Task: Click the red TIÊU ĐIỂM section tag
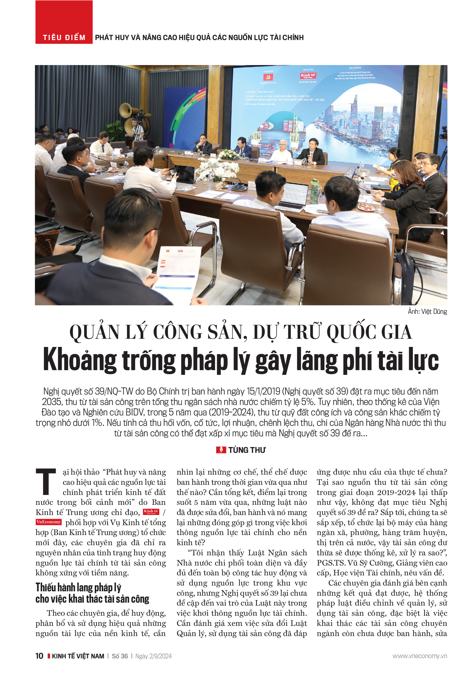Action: click(x=64, y=37)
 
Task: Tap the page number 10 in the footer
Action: click(x=39, y=656)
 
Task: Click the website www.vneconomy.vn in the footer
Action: click(x=419, y=656)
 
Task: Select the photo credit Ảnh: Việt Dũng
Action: click(x=427, y=311)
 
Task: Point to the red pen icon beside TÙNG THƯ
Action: click(x=221, y=450)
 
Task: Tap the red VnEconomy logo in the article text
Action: click(x=49, y=522)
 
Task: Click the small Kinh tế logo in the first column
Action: click(x=151, y=512)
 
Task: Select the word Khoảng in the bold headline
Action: click(x=80, y=360)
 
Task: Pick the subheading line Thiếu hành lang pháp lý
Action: click(x=78, y=587)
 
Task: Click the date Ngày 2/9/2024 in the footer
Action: click(x=153, y=656)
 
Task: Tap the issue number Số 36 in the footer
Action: click(x=120, y=656)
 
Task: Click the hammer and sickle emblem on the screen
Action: click(x=268, y=77)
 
